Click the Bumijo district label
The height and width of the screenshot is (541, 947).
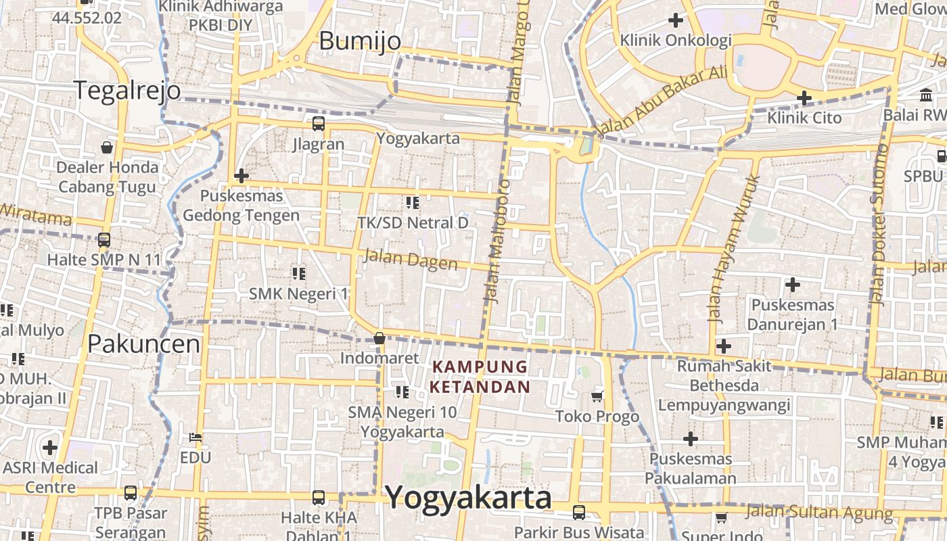(x=360, y=41)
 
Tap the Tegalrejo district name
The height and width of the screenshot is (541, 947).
(x=127, y=90)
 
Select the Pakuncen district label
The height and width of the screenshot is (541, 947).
(x=144, y=344)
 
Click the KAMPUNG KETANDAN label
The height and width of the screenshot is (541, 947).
(x=480, y=377)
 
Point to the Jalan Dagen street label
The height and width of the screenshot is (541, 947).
(x=410, y=259)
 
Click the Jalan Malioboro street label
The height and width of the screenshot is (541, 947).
(x=496, y=241)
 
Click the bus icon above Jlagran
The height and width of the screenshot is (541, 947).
(x=319, y=124)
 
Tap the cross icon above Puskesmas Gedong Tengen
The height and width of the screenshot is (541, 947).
(x=241, y=176)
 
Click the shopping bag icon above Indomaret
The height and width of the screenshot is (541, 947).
(x=379, y=337)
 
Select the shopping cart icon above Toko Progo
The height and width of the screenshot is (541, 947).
(x=597, y=396)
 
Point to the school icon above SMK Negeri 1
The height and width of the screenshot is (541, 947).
(x=298, y=273)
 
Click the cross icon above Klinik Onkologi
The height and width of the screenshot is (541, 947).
(x=675, y=20)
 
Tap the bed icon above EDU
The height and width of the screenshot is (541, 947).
(x=195, y=438)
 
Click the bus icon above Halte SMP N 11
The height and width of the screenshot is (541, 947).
(x=104, y=239)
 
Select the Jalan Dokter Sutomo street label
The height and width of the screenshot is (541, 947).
(x=879, y=225)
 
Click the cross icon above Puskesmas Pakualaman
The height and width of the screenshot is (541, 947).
(x=690, y=439)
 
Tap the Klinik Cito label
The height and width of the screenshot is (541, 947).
(x=804, y=118)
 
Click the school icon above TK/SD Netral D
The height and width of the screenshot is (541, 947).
(x=413, y=202)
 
